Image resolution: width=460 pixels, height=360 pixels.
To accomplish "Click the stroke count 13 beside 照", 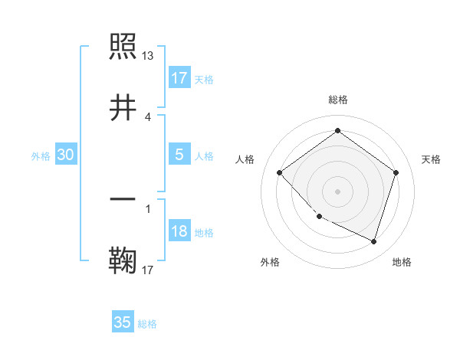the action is tap(148, 56).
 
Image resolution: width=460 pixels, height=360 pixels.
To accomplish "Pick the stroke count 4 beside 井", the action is tap(148, 116).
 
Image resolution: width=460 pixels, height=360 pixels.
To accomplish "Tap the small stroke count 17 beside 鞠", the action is tap(148, 269).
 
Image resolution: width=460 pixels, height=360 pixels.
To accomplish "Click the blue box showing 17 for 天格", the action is tap(179, 78).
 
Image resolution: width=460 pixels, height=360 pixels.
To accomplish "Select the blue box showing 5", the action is tap(179, 155).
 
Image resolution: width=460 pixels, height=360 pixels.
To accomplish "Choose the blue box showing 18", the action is tap(179, 231).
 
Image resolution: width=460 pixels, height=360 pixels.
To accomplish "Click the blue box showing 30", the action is tap(65, 155).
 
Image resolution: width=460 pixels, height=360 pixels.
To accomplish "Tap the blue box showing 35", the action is tap(122, 322).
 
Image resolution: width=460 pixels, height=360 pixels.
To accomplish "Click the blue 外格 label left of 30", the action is tap(41, 155).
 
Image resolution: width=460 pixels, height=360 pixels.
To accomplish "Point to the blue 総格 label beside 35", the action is tap(147, 324).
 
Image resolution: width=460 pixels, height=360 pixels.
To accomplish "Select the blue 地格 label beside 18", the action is tap(204, 233).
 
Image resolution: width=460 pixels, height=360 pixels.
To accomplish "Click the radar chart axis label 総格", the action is tap(338, 100).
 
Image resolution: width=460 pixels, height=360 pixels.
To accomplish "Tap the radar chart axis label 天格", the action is tap(432, 159).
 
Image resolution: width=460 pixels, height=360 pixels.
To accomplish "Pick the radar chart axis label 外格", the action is tap(270, 262).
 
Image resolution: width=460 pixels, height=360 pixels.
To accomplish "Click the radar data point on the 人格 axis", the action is tap(280, 172).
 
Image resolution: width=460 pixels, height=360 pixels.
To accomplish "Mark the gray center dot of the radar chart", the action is tap(338, 191).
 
